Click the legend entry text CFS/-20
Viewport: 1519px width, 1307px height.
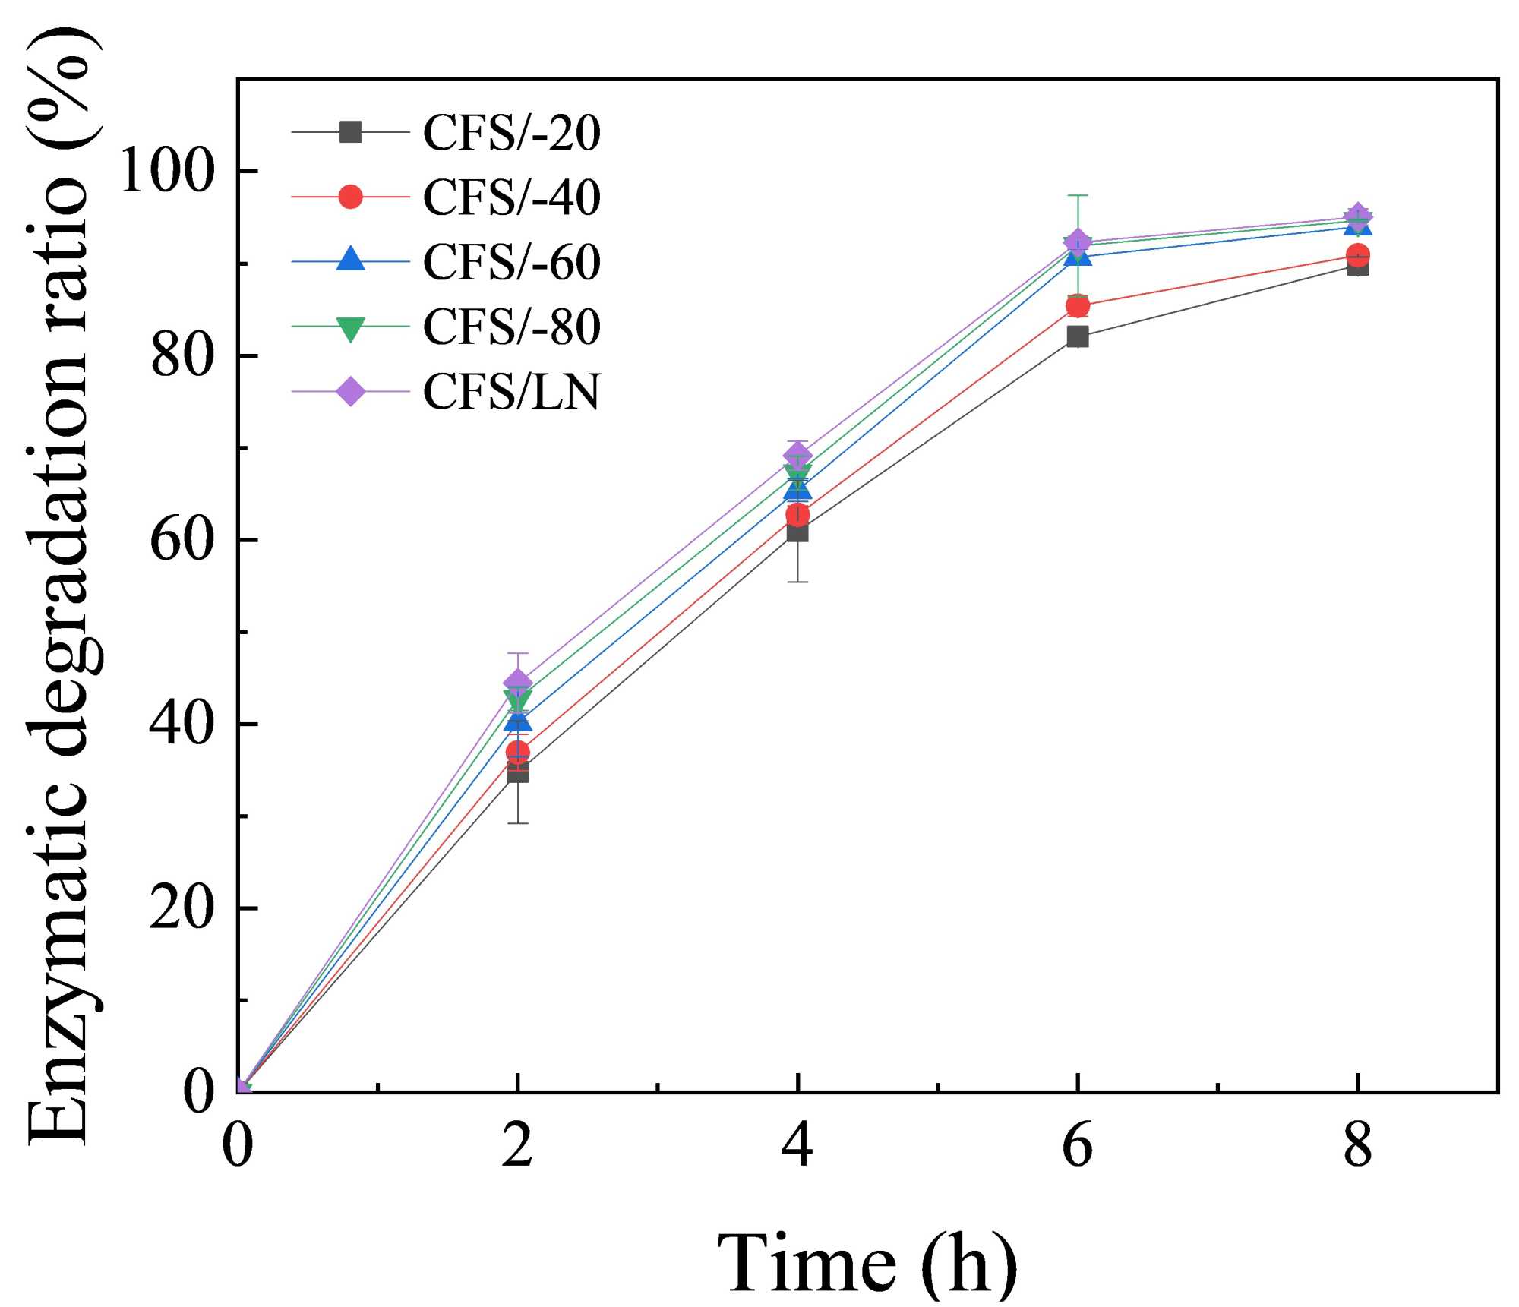click(x=511, y=133)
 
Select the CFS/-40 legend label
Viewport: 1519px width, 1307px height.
click(x=511, y=197)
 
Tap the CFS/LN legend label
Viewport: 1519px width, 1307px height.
click(x=511, y=392)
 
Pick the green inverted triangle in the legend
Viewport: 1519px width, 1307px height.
click(x=350, y=328)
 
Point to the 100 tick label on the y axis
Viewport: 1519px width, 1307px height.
click(x=165, y=171)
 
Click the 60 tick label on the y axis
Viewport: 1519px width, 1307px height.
click(x=181, y=540)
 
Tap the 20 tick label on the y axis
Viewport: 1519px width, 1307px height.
click(x=181, y=908)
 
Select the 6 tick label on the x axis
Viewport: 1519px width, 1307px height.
click(x=1077, y=1145)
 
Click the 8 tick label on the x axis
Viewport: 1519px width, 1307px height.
click(x=1358, y=1145)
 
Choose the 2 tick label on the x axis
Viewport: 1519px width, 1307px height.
click(x=517, y=1145)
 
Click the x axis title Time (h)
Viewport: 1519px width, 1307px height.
click(x=867, y=1262)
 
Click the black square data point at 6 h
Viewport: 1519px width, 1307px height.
click(x=1077, y=336)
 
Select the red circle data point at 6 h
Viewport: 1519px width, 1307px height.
click(x=1077, y=306)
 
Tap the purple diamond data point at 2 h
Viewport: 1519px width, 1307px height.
click(x=517, y=681)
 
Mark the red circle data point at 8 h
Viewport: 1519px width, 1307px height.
click(x=1358, y=255)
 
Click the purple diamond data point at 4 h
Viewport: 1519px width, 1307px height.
click(x=797, y=455)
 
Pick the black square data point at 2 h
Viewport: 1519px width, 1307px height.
click(x=517, y=772)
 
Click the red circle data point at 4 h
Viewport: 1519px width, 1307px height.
click(x=797, y=515)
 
